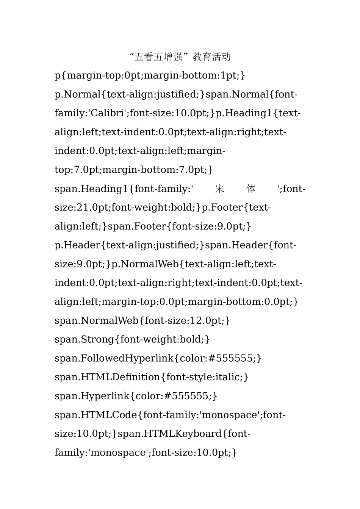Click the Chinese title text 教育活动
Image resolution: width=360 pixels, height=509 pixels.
click(211, 57)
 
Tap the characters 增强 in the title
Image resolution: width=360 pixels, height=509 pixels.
click(173, 57)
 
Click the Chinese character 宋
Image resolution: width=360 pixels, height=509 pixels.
click(220, 189)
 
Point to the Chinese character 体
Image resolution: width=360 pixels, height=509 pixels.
click(251, 189)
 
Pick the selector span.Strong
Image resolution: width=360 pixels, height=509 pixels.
click(84, 339)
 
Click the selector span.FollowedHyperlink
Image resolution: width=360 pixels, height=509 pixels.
click(114, 358)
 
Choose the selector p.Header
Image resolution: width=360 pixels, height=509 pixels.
click(78, 245)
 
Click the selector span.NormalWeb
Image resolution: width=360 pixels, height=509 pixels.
click(96, 321)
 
